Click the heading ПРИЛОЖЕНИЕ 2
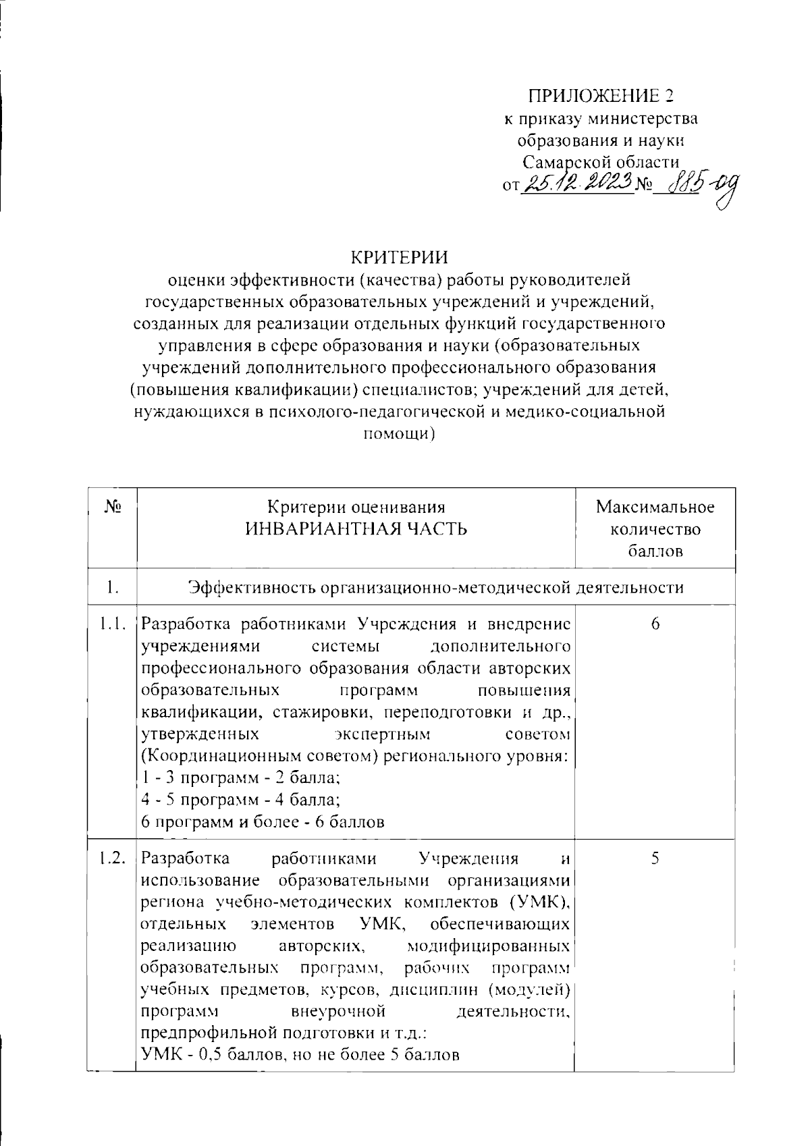click(601, 96)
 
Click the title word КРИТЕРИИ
click(399, 258)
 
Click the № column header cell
click(113, 506)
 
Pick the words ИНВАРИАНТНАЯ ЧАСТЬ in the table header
click(356, 528)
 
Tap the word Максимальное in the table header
click(655, 507)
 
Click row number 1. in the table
click(113, 588)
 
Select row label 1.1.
click(112, 624)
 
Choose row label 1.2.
click(112, 859)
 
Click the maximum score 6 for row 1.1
click(655, 624)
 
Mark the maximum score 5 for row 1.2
click(655, 859)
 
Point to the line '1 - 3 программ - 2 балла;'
click(241, 777)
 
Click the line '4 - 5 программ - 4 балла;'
click(241, 800)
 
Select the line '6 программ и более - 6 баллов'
click(263, 822)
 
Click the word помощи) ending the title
click(399, 435)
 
